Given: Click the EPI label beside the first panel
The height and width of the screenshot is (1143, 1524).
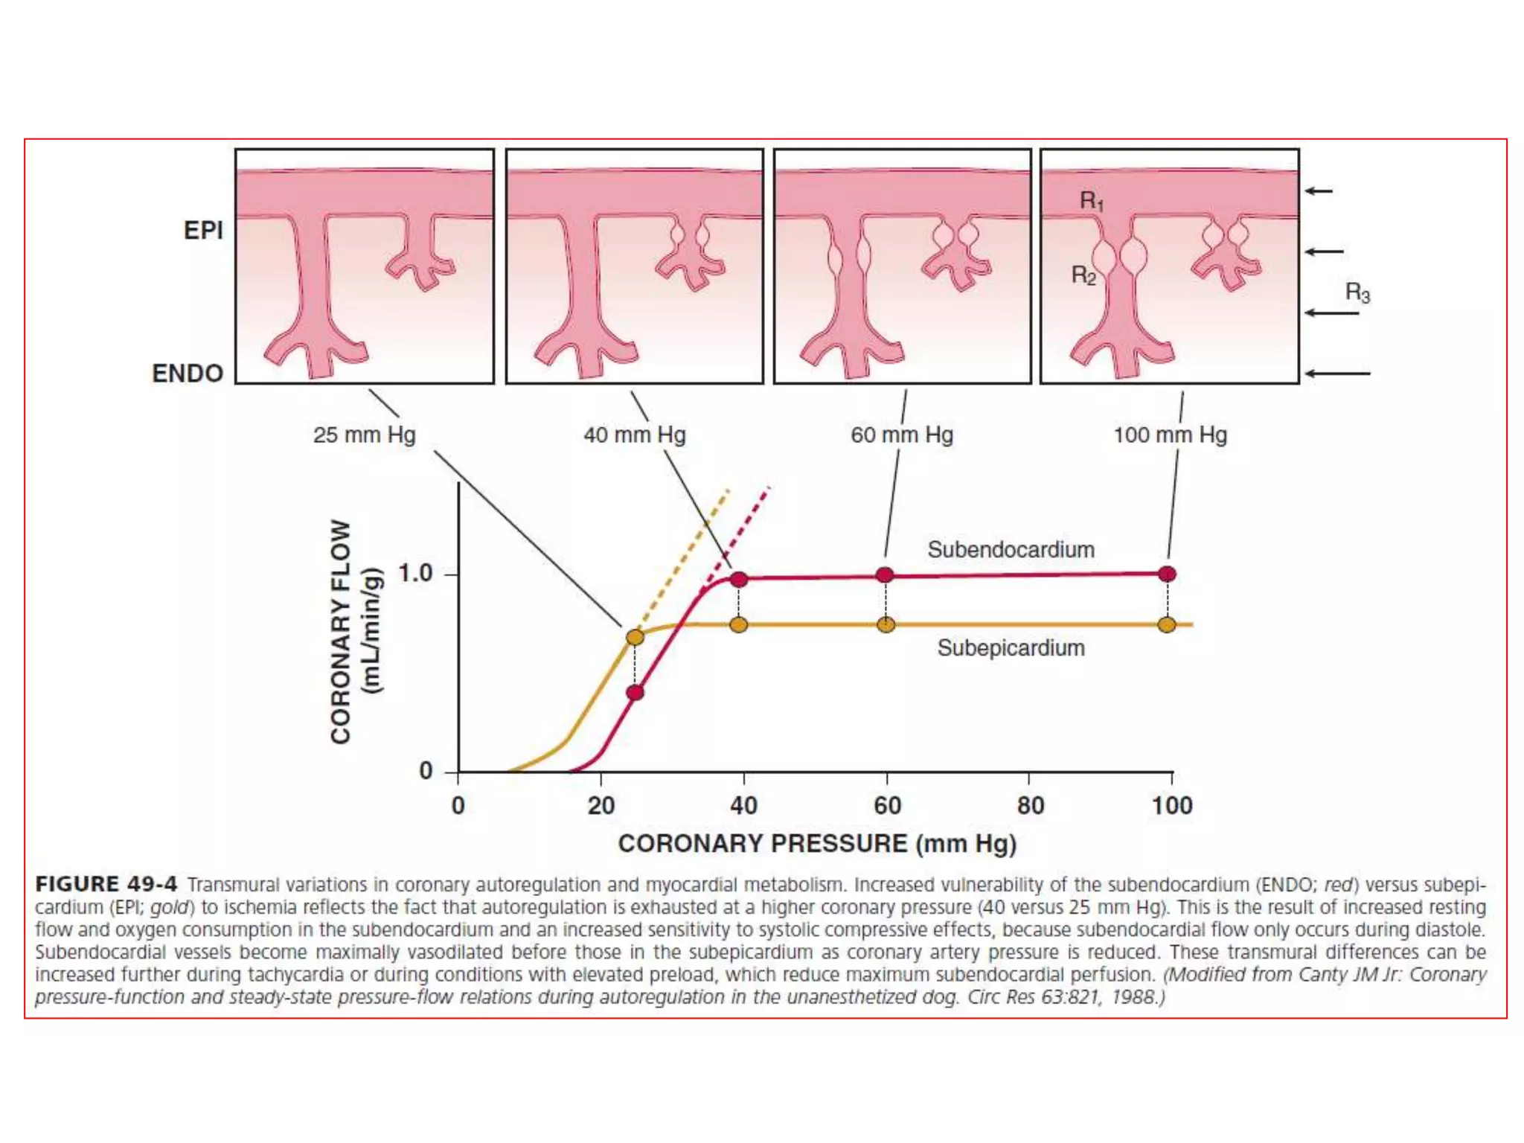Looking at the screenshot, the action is click(x=203, y=231).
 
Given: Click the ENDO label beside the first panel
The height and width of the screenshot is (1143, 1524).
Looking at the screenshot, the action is click(x=188, y=373).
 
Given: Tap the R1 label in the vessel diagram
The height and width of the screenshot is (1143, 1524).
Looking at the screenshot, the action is click(x=1092, y=201).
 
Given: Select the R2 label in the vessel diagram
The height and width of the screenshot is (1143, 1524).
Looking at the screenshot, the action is click(x=1083, y=276).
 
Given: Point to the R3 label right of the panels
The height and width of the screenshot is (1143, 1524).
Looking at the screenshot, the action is click(x=1357, y=292).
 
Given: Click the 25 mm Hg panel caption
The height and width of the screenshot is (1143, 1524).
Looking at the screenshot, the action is click(x=364, y=435).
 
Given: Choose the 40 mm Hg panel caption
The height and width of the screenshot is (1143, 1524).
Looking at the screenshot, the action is click(x=635, y=435).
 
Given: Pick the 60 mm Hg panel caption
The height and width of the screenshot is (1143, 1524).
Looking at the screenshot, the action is click(x=902, y=435).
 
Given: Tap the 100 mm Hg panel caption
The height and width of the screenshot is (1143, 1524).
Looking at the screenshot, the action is click(x=1170, y=435).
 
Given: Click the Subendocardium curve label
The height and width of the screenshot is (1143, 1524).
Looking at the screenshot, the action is click(x=1011, y=550).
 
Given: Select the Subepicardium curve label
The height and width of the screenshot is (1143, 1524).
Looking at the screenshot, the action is click(x=1011, y=648).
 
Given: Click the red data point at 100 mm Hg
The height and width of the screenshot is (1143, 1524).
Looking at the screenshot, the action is click(x=1167, y=574).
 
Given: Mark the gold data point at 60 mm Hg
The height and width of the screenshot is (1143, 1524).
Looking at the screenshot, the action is click(x=886, y=624).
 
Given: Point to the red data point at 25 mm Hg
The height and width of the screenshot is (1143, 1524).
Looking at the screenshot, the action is click(x=635, y=693).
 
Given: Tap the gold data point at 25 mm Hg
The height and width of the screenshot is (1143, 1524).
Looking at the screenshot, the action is click(x=635, y=637).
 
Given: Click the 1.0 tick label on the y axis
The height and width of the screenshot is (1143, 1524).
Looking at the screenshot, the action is click(x=414, y=574).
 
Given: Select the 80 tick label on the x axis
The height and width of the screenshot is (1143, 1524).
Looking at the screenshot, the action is click(x=1030, y=805).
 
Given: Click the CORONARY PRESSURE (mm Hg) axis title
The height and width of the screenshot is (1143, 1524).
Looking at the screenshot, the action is click(x=817, y=844).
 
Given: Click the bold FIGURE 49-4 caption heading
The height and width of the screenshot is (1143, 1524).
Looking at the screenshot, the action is click(x=106, y=884).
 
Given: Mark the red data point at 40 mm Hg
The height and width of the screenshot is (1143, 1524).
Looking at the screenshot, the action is click(x=738, y=579).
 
